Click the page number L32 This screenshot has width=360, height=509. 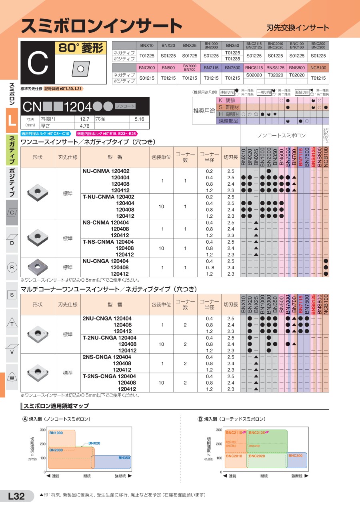[x=16, y=496]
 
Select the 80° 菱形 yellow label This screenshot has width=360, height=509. [x=80, y=48]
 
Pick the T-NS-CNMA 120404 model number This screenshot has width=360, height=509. [x=108, y=242]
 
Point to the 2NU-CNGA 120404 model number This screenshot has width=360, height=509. [x=107, y=319]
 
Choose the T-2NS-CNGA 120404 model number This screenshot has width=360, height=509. [x=109, y=376]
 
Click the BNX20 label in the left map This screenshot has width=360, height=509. [x=94, y=443]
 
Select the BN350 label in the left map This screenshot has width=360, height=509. [x=124, y=457]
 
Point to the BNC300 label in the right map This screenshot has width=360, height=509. [x=295, y=456]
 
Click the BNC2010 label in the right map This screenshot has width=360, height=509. [x=234, y=456]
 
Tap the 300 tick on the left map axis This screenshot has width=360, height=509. [x=43, y=430]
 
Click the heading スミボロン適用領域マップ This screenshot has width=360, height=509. [x=56, y=406]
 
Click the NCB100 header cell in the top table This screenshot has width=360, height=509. [x=318, y=68]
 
